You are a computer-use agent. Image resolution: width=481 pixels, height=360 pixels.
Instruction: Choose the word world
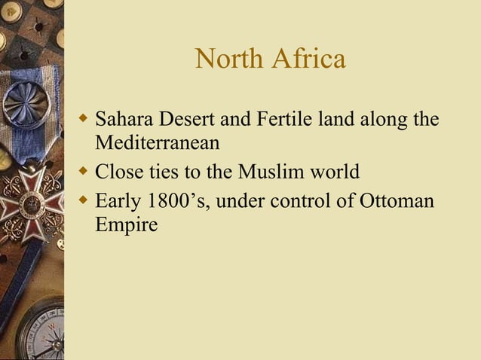334,172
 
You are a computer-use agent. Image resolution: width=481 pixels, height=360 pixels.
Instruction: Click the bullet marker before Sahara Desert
85,119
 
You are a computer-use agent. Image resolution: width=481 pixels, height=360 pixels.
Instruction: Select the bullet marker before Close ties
85,172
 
